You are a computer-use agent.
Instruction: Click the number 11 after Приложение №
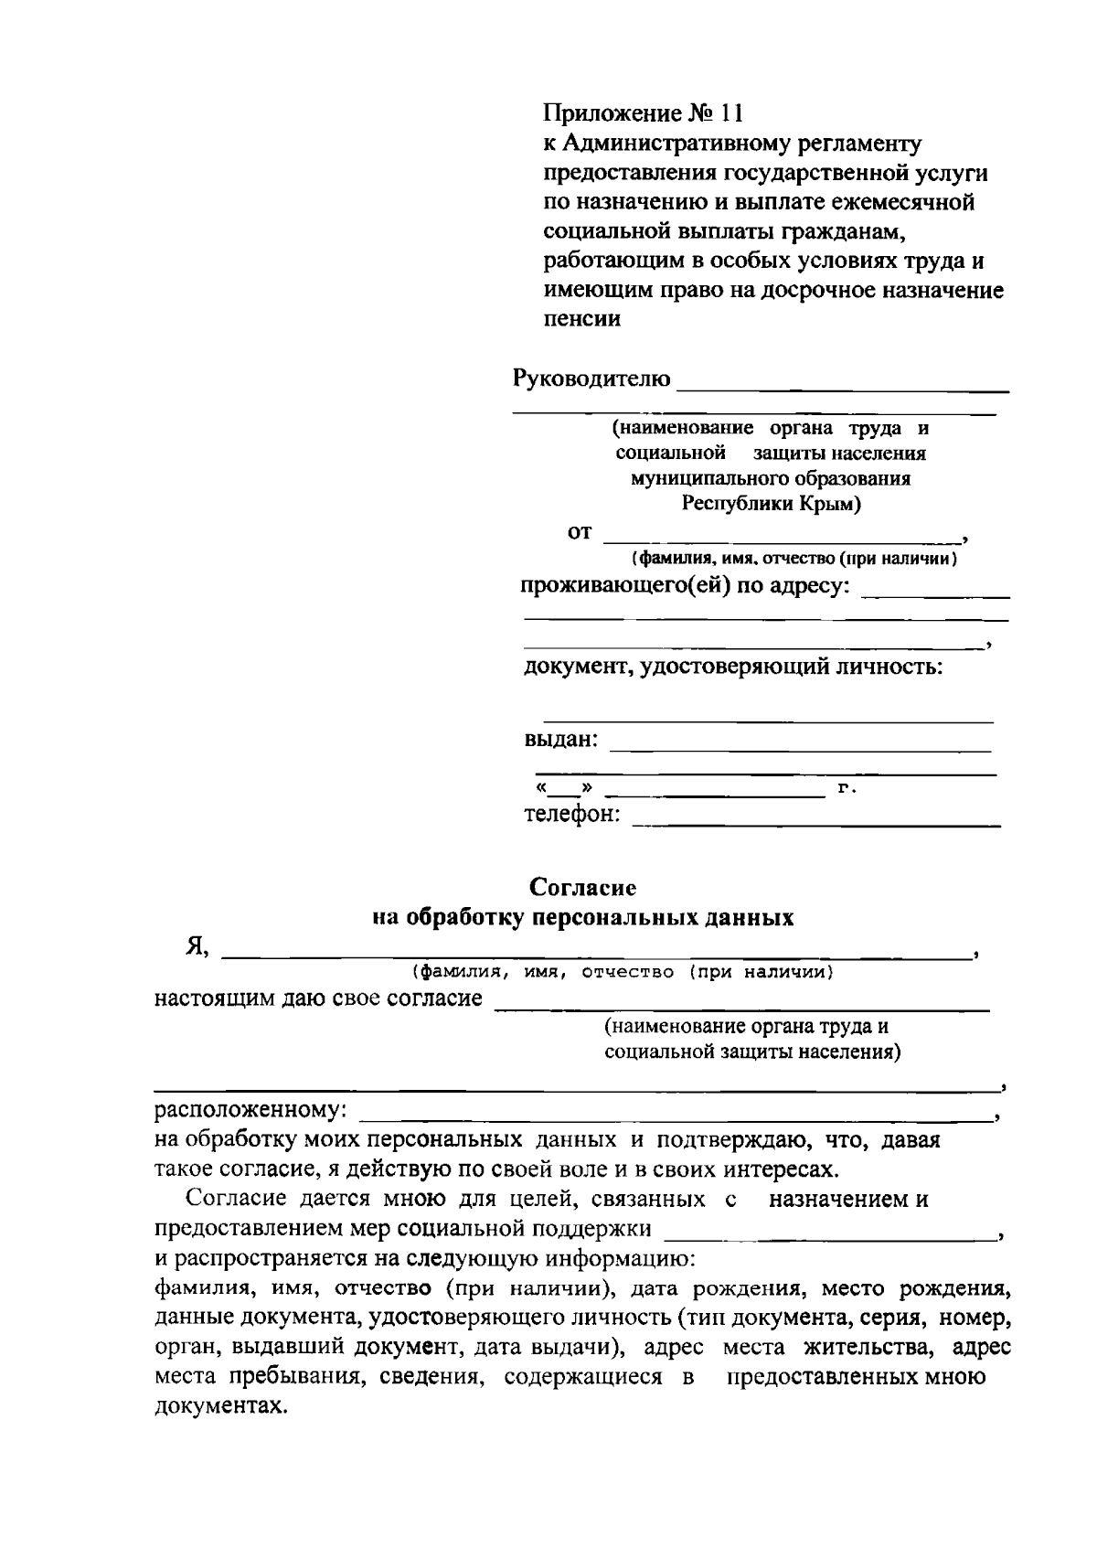[x=731, y=114]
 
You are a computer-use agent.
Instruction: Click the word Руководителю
[x=591, y=379]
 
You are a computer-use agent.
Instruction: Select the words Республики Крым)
[x=771, y=504]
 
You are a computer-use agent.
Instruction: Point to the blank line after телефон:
[x=816, y=826]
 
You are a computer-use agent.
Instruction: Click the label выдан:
[x=560, y=739]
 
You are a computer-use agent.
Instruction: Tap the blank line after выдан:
[x=800, y=751]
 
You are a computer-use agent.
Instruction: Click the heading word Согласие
[x=583, y=887]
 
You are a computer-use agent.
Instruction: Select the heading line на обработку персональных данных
[x=583, y=917]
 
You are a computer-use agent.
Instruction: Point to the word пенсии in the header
[x=582, y=319]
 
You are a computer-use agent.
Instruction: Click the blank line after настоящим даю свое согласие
[x=741, y=1009]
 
